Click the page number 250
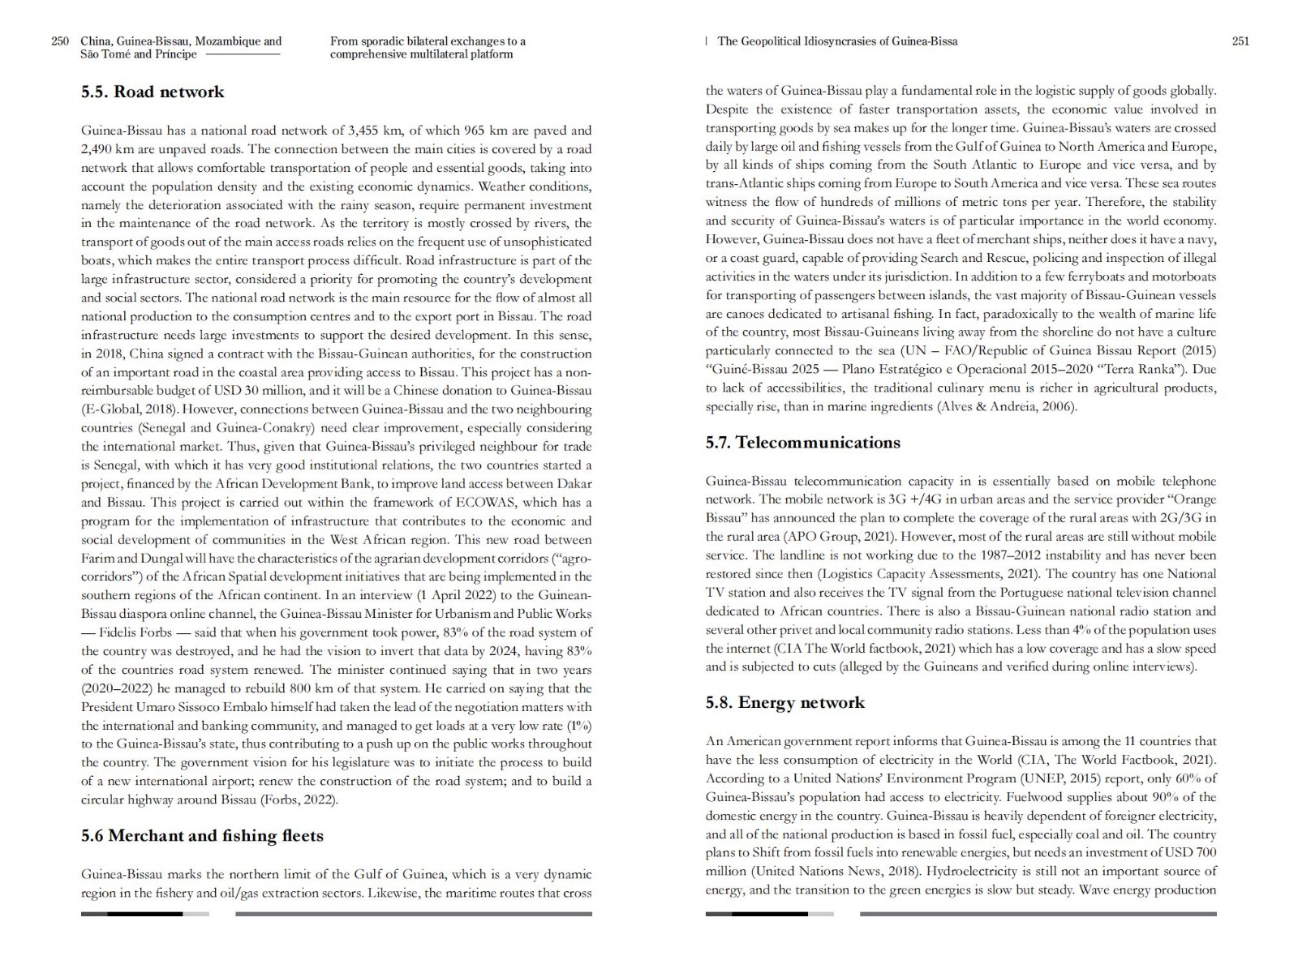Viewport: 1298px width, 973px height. point(60,41)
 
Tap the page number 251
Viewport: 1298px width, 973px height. point(1240,41)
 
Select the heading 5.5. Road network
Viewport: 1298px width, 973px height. point(153,92)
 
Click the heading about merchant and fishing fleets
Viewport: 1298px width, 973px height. point(202,836)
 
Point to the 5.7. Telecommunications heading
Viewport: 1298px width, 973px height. point(802,443)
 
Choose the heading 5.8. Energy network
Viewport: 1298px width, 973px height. point(784,703)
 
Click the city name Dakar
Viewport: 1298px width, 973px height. point(574,484)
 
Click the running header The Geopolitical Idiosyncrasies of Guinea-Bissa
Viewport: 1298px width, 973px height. point(836,41)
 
